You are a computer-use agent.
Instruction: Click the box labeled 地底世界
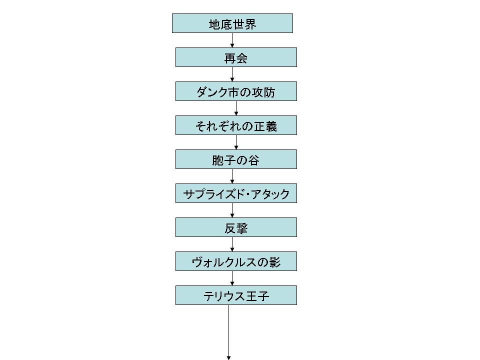(232, 23)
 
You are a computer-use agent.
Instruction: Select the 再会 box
(235, 57)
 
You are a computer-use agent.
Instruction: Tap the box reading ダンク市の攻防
(235, 91)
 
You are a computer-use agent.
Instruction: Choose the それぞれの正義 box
(235, 125)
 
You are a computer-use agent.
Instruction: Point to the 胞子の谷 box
(235, 159)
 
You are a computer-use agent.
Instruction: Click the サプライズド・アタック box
(235, 193)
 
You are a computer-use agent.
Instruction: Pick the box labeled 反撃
(235, 227)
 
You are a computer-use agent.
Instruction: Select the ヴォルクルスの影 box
(235, 261)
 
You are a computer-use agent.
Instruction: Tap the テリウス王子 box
(235, 295)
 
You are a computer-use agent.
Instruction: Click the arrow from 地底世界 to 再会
(232, 40)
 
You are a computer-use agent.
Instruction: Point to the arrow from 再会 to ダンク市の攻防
(232, 74)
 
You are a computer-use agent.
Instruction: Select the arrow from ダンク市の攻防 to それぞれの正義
(236, 108)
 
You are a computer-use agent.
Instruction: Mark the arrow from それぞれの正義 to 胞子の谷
(236, 142)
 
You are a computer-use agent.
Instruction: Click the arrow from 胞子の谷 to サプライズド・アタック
(232, 176)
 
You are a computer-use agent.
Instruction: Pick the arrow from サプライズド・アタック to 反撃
(232, 210)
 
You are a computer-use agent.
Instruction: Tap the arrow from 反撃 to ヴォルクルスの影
(232, 244)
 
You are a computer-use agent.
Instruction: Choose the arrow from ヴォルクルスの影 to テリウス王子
(232, 278)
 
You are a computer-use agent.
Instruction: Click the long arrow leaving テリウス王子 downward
(229, 332)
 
